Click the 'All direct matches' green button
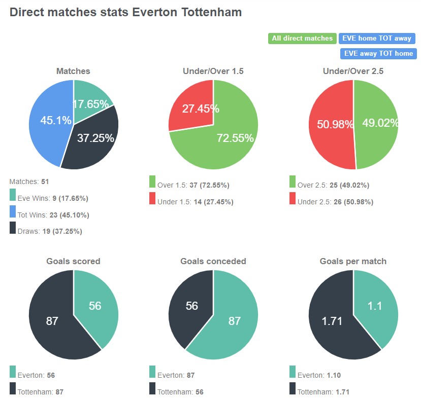pos(302,39)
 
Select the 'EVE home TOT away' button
pos(377,39)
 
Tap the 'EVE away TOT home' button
pos(378,53)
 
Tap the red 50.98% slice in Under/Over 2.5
pos(330,124)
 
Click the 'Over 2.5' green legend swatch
pos(293,182)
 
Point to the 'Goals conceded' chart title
pos(213,262)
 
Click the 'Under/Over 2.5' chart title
pos(353,71)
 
